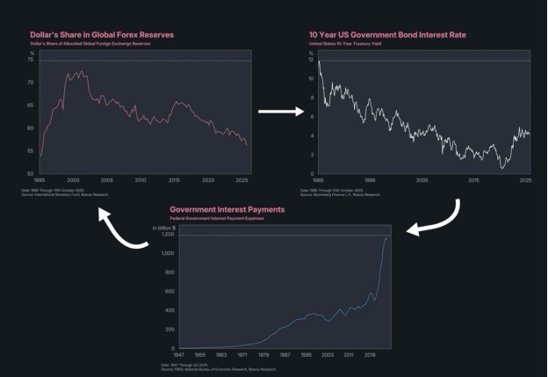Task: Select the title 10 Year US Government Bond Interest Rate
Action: [x=387, y=34]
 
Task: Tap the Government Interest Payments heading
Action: [x=227, y=210]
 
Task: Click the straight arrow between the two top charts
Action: [x=281, y=112]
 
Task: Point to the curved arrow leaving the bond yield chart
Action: [x=450, y=218]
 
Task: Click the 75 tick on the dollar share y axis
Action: [x=32, y=61]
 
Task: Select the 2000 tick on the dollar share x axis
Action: [x=74, y=179]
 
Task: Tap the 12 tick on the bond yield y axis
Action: [x=311, y=60]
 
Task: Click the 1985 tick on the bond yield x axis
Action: [x=317, y=179]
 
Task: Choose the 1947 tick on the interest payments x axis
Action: [x=180, y=355]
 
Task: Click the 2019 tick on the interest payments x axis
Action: [x=371, y=355]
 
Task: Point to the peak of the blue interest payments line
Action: [x=386, y=238]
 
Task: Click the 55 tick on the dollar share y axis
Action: [x=32, y=151]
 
